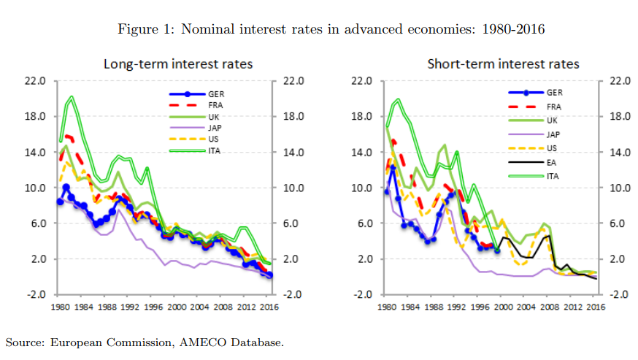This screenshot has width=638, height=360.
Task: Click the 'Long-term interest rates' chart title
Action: tap(178, 64)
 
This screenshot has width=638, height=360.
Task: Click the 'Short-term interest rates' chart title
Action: tap(503, 64)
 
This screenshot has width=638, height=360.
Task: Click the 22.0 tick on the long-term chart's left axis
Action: tap(37, 81)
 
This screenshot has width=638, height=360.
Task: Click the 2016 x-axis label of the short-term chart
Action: tap(596, 308)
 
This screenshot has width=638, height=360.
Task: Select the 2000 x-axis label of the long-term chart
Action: tap(176, 308)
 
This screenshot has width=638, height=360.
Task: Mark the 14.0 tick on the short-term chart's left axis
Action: tap(364, 153)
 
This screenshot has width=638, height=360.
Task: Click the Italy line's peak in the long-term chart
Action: tap(71, 96)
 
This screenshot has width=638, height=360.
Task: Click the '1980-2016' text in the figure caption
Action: tap(515, 29)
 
